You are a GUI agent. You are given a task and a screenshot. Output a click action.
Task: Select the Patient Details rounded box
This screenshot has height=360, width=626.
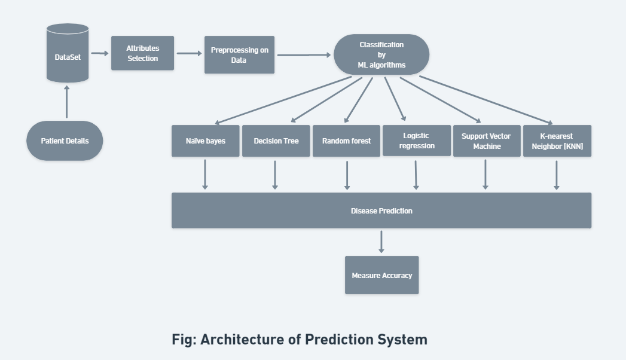tap(65, 141)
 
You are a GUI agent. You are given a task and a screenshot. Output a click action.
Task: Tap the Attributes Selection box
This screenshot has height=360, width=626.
tap(142, 53)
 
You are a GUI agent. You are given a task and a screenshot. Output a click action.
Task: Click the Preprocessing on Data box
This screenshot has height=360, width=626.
tap(239, 55)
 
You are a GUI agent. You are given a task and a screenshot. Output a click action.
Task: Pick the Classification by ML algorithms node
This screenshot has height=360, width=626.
tap(381, 55)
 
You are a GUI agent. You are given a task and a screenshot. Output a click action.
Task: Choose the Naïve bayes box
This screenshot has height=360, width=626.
tap(205, 141)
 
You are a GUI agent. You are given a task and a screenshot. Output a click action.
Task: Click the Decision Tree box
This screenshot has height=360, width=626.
tap(276, 141)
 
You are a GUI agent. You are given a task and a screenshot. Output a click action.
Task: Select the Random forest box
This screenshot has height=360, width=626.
tap(346, 141)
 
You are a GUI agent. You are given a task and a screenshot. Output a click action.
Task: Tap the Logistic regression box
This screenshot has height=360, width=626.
tap(416, 141)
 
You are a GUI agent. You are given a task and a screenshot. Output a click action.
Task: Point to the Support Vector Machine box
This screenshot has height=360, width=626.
tap(486, 141)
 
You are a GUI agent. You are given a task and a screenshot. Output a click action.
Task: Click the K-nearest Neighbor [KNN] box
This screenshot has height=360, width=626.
tap(557, 141)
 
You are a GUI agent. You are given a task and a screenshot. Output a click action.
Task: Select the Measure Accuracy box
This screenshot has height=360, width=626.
tap(381, 275)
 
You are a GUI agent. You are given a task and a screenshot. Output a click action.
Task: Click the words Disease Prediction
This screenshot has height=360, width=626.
tap(381, 210)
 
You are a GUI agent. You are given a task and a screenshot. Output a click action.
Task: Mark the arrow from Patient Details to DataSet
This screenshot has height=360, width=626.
tap(66, 102)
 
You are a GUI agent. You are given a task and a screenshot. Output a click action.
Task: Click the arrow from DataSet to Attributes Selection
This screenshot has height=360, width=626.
tap(100, 53)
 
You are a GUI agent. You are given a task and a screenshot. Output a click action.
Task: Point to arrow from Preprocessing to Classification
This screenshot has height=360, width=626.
tap(304, 55)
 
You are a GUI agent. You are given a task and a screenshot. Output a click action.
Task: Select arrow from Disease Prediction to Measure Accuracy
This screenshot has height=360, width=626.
tap(381, 242)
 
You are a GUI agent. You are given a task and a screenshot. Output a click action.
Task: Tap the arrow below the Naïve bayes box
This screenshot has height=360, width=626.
tap(205, 174)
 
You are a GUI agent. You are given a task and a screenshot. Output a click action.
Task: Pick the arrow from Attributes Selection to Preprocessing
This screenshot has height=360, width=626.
tap(190, 53)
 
